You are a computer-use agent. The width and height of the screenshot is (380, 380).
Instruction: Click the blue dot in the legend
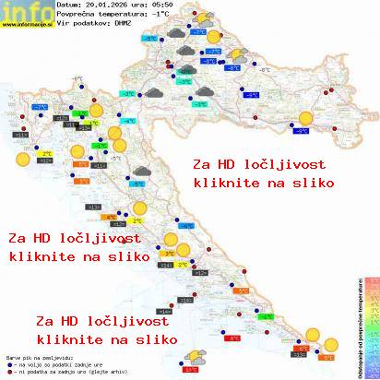point(8,362)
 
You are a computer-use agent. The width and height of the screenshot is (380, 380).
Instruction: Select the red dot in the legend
point(8,369)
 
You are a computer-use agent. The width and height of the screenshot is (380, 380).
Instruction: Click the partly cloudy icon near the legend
point(195,356)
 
